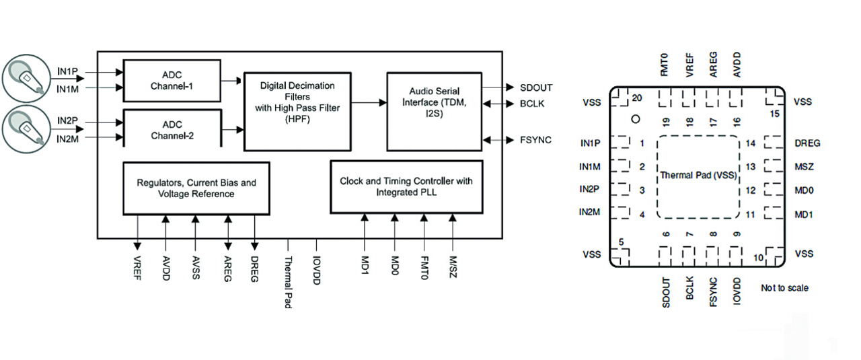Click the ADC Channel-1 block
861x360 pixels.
click(172, 80)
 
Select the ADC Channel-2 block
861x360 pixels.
click(172, 129)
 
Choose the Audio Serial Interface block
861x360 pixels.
click(435, 102)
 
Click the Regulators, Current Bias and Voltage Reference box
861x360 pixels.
click(196, 188)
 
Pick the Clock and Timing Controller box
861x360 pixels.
click(406, 186)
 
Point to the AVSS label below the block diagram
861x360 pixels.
click(196, 268)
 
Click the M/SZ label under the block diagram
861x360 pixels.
click(453, 266)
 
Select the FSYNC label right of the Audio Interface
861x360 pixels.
click(535, 140)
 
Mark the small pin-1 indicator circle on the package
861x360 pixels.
click(634, 120)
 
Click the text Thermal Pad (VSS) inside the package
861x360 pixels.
click(698, 176)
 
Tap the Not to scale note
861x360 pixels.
click(784, 288)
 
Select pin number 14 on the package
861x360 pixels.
click(751, 143)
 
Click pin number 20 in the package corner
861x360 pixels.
click(636, 98)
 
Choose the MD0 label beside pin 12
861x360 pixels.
click(804, 190)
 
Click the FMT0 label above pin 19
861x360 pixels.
click(664, 65)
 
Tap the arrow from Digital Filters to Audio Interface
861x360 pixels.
click(368, 102)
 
